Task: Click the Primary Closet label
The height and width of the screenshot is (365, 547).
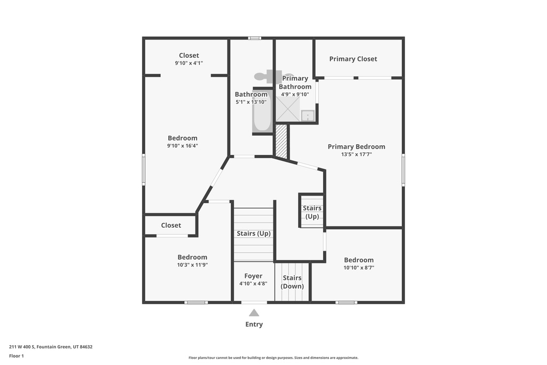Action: pos(353,59)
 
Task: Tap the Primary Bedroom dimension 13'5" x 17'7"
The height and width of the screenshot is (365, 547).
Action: pos(356,154)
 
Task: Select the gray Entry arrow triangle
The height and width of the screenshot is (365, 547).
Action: pos(254,313)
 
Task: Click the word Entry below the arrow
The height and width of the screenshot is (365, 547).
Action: pos(254,324)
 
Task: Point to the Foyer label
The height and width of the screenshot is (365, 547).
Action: pos(253,276)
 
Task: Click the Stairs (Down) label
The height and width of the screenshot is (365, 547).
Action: pos(292,282)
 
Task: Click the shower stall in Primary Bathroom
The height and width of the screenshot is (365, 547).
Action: pos(288,110)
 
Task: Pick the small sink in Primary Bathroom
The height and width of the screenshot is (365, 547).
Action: pos(308,115)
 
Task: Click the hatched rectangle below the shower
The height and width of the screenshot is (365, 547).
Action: pos(282,141)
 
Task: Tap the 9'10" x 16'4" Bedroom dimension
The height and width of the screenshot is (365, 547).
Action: pos(183,145)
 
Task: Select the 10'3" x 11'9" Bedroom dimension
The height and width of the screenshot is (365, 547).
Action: pos(192,265)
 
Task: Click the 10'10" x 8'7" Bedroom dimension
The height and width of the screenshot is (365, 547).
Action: pos(359,268)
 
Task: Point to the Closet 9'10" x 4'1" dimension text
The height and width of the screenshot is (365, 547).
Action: pos(189,63)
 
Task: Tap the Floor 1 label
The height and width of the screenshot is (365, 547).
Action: pos(17,356)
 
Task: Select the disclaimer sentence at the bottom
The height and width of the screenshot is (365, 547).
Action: pos(273,358)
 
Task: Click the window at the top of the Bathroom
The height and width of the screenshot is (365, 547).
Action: pos(255,38)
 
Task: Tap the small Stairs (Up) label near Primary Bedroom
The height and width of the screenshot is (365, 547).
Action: pos(312,212)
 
